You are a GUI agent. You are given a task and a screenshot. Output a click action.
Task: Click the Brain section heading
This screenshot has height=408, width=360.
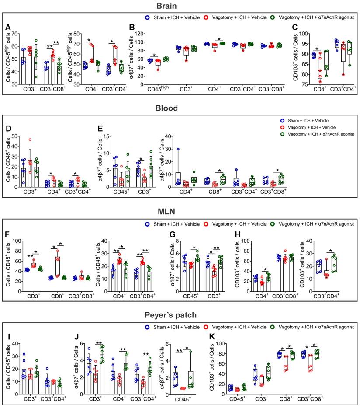180,7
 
